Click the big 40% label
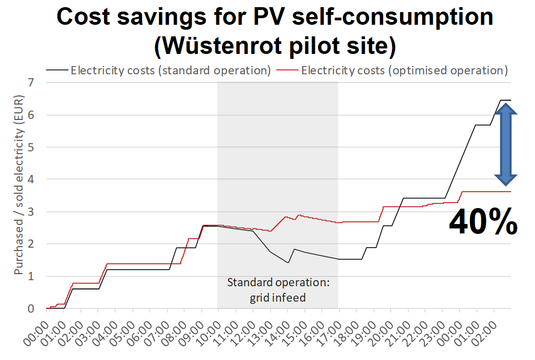click(x=483, y=222)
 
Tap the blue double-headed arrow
click(x=505, y=145)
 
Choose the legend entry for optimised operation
click(x=396, y=70)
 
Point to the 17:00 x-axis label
click(x=332, y=329)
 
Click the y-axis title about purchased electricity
click(x=18, y=196)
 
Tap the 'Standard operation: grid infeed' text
click(x=278, y=290)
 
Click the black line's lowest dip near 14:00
click(x=288, y=263)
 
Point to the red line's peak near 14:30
click(x=299, y=215)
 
